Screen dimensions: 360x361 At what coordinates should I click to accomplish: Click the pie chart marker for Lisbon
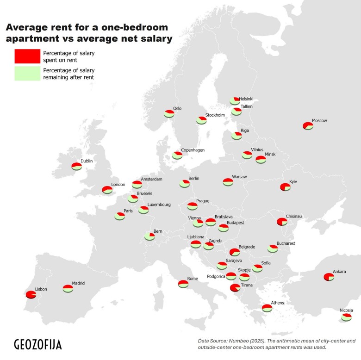(31, 295)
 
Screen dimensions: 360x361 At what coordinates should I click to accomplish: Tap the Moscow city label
(319, 121)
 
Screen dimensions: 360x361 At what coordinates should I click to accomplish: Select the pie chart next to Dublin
(76, 166)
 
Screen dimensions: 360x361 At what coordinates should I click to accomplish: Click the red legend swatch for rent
(27, 56)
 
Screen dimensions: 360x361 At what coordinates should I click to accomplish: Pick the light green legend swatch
(27, 74)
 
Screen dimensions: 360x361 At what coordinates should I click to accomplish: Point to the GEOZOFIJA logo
(37, 345)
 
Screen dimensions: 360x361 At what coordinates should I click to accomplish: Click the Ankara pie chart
(329, 277)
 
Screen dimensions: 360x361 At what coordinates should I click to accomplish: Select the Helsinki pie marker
(235, 101)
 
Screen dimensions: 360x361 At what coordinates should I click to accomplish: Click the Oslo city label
(177, 109)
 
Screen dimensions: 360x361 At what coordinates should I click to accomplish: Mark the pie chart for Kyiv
(285, 187)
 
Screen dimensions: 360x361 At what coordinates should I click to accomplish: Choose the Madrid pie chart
(68, 288)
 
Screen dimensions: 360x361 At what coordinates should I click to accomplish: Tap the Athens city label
(277, 303)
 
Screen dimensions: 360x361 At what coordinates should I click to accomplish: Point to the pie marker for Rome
(183, 283)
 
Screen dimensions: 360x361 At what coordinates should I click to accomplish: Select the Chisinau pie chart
(282, 222)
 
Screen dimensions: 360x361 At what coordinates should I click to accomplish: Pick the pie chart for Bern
(149, 236)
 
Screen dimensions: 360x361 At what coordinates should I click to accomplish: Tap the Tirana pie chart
(235, 288)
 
